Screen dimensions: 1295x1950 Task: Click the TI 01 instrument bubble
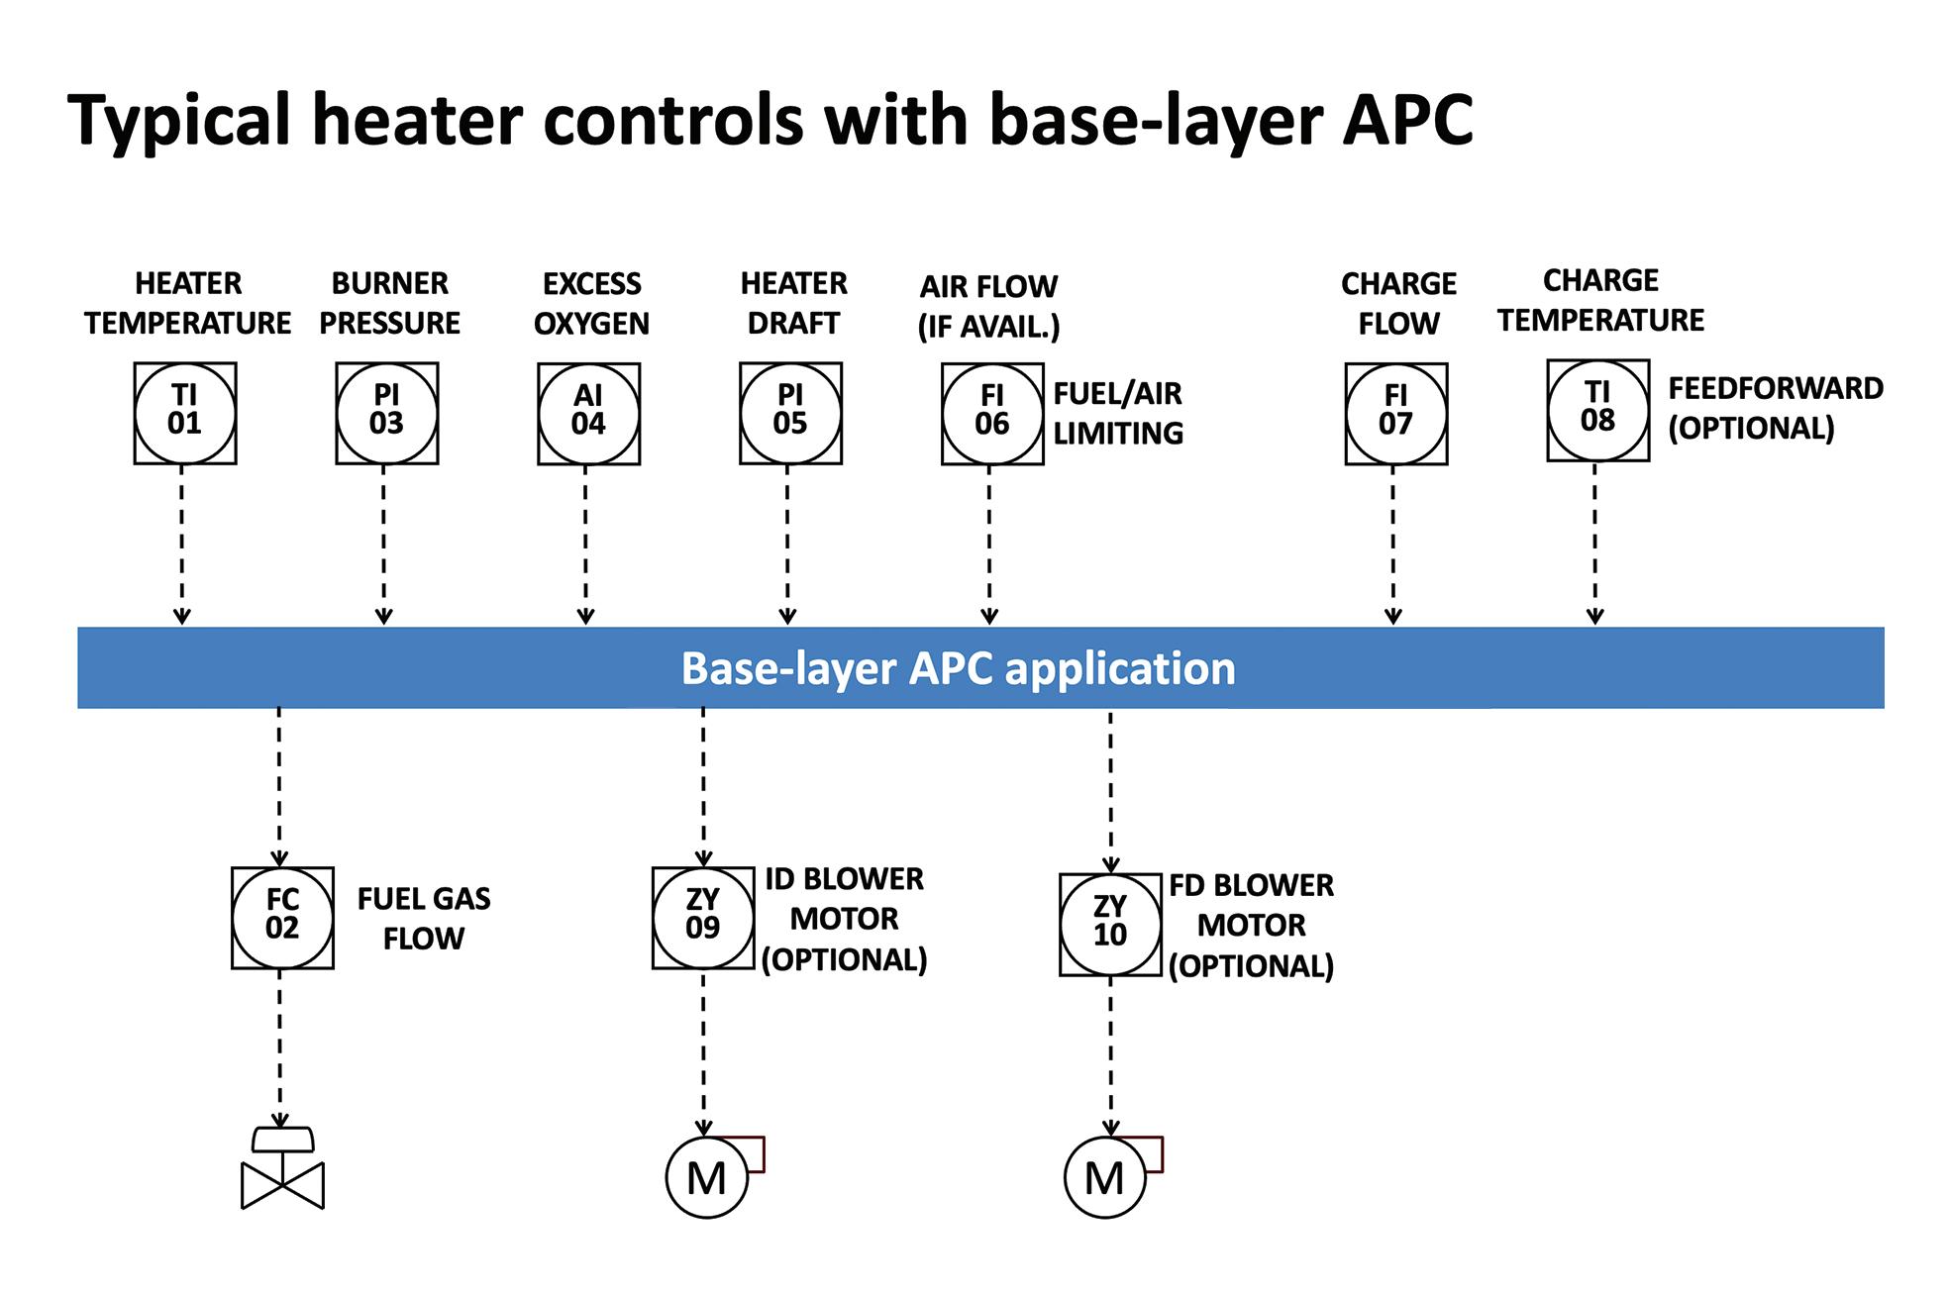(x=185, y=413)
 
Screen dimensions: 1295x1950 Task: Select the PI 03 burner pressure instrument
(x=386, y=413)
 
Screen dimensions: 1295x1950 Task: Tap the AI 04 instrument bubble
(x=588, y=414)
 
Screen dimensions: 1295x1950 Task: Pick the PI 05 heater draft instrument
(x=790, y=413)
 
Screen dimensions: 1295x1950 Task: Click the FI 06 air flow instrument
(x=992, y=414)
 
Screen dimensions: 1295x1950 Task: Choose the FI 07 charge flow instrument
(x=1395, y=414)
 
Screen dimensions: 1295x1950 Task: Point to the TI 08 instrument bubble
(x=1597, y=410)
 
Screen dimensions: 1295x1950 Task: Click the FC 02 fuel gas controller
(x=282, y=918)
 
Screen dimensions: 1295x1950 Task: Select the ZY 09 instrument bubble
(x=703, y=918)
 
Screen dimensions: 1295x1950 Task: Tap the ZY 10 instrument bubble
(x=1110, y=924)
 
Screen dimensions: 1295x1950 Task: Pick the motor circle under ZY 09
(x=706, y=1177)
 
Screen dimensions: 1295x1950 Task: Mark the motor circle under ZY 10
(x=1104, y=1177)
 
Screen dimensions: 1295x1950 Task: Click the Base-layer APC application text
(x=958, y=668)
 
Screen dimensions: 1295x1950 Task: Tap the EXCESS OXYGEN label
(x=591, y=304)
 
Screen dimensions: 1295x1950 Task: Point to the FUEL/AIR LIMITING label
(x=1118, y=414)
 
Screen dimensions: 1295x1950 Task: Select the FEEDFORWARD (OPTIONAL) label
(x=1776, y=408)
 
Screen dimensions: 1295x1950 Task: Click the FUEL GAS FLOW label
(x=424, y=918)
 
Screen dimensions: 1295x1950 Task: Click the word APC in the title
(x=1407, y=120)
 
